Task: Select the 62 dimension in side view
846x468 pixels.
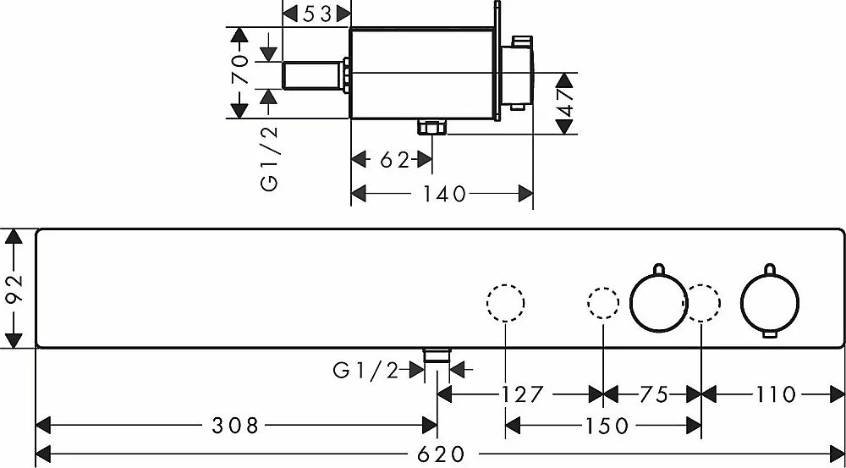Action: (x=394, y=160)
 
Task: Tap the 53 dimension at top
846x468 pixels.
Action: (x=316, y=14)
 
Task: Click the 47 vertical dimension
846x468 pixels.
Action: (x=565, y=103)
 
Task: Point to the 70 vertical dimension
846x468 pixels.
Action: (x=240, y=72)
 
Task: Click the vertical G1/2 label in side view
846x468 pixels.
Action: (x=269, y=158)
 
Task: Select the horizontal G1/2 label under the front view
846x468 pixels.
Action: (x=365, y=369)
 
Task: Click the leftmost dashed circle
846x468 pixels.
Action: (x=506, y=303)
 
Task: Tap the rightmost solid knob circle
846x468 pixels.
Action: (x=770, y=304)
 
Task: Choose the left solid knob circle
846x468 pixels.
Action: (x=659, y=304)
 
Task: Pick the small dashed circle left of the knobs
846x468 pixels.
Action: (x=602, y=304)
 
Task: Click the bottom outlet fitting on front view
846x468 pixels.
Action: (x=437, y=356)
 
